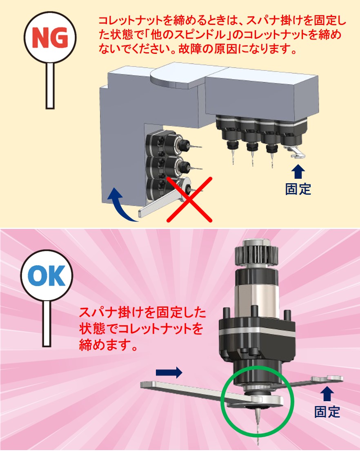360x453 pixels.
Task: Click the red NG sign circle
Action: pyautogui.click(x=50, y=37)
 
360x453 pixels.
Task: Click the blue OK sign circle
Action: pyautogui.click(x=47, y=275)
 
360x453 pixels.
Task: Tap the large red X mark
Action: pyautogui.click(x=189, y=199)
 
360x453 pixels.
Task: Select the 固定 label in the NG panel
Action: pyautogui.click(x=298, y=189)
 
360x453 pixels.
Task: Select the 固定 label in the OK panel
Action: pyautogui.click(x=327, y=412)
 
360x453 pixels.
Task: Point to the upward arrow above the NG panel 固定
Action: pyautogui.click(x=298, y=171)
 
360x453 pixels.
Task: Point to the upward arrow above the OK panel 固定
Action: pyautogui.click(x=327, y=394)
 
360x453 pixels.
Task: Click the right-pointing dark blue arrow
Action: pyautogui.click(x=169, y=372)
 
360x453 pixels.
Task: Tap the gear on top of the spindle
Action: pyautogui.click(x=256, y=252)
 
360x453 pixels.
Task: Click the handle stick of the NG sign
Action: pyautogui.click(x=50, y=86)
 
